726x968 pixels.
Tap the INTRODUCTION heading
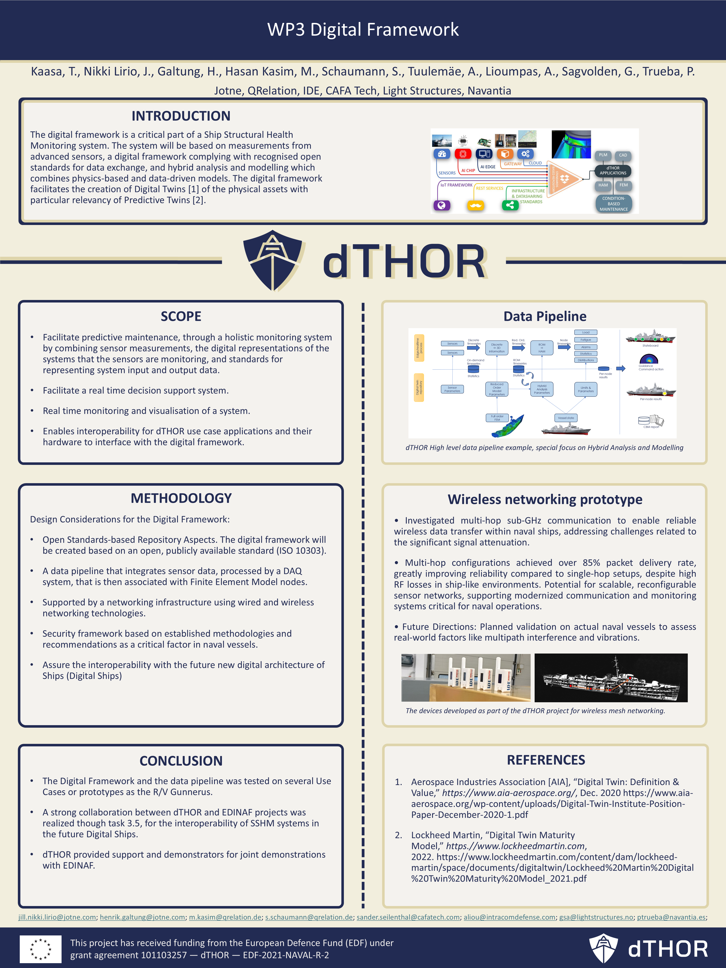click(x=181, y=116)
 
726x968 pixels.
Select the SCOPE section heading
click(x=181, y=316)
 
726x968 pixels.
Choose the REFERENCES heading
click(x=546, y=760)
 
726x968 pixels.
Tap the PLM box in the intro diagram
click(x=603, y=155)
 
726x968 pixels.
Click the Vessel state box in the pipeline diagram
click(x=566, y=418)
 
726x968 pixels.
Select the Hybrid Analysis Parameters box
click(x=542, y=389)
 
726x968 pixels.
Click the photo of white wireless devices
click(x=466, y=678)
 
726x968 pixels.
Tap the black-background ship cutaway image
click(x=611, y=678)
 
